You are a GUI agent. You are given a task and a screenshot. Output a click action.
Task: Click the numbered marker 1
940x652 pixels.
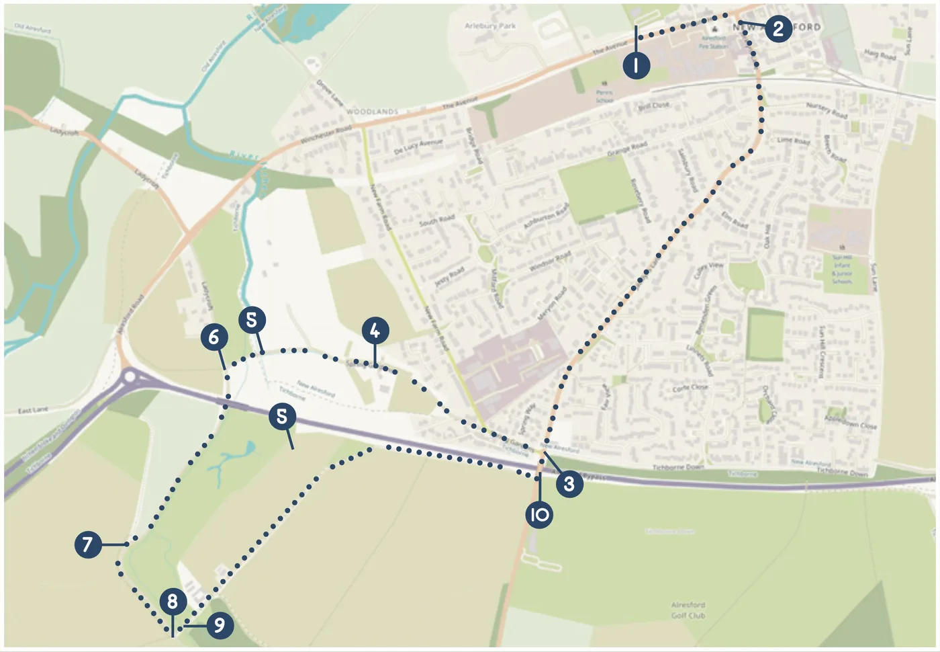coord(636,65)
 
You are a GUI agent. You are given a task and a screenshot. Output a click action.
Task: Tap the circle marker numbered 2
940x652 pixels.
coord(778,28)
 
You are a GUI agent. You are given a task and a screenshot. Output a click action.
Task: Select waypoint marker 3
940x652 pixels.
coord(569,483)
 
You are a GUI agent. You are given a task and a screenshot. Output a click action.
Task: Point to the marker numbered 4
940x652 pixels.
coord(375,331)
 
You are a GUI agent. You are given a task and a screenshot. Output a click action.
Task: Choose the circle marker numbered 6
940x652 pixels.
coord(214,336)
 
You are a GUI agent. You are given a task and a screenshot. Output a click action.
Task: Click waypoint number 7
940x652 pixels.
coord(88,544)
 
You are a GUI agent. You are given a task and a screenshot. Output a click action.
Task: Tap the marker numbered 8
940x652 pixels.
coord(173,600)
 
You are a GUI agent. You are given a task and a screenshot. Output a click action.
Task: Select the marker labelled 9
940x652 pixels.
coord(219,626)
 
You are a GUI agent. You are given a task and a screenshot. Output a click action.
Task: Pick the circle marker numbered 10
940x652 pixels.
coord(539,515)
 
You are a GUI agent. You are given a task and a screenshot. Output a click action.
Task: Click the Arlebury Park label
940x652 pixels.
coord(490,26)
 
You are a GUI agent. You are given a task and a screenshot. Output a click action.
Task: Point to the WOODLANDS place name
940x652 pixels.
coord(373,112)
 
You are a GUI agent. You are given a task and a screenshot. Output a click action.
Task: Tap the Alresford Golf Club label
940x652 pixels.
coord(688,610)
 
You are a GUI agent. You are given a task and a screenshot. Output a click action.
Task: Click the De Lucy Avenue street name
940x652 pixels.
coord(418,147)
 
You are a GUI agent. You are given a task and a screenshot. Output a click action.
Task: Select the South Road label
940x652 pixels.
coord(436,220)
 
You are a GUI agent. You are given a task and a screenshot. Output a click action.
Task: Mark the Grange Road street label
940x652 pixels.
coord(627,149)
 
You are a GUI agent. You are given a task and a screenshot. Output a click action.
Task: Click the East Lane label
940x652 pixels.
coord(33,409)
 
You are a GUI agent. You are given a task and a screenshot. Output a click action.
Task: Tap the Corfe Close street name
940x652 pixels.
coord(690,389)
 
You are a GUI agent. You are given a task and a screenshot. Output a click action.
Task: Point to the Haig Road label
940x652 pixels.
coord(880,54)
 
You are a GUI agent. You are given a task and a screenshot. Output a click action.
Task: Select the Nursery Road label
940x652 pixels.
coord(827,111)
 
